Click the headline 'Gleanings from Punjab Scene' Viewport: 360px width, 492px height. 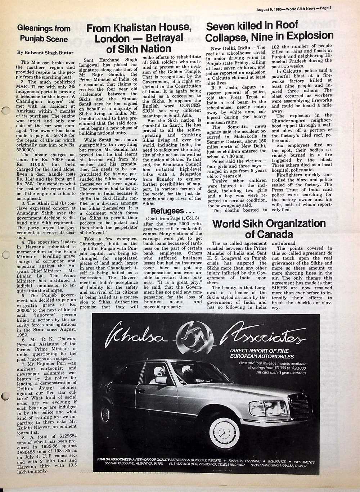tap(44, 33)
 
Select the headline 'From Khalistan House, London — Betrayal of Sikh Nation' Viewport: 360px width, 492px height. tap(139, 38)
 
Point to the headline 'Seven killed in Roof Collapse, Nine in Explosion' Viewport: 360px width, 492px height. tap(269, 31)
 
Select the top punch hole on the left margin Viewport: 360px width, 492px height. tap(5, 112)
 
